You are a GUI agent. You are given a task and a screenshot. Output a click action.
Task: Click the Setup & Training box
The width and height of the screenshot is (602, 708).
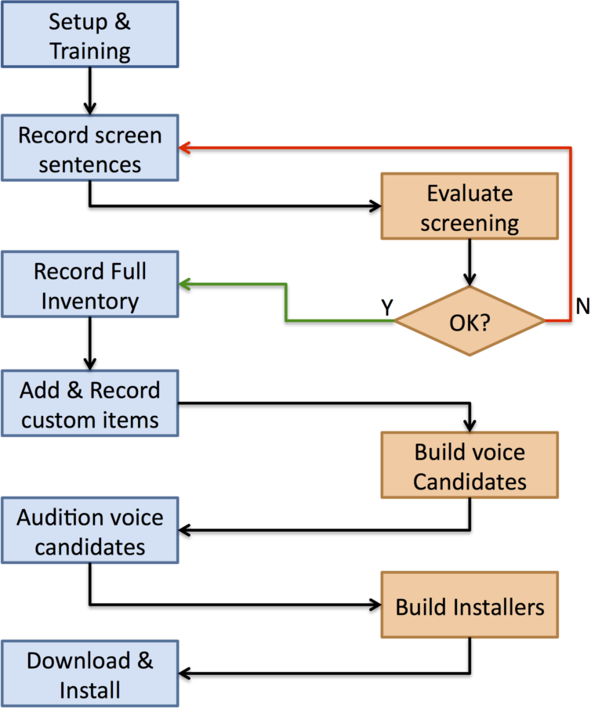[x=90, y=35]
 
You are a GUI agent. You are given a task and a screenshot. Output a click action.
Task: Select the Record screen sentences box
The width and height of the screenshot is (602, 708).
[x=90, y=150]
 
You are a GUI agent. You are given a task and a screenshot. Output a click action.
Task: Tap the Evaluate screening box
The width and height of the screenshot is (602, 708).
[x=469, y=207]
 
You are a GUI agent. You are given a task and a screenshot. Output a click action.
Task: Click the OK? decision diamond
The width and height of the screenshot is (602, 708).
[x=469, y=321]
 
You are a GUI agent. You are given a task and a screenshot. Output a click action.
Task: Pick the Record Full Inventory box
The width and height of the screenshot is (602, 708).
[x=90, y=286]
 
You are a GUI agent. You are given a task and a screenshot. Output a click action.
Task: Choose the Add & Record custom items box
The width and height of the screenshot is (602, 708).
[x=90, y=404]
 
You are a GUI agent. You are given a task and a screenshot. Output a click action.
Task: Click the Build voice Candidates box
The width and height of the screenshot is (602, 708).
[x=469, y=465]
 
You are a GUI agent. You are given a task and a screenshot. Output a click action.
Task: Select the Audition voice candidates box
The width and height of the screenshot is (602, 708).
[x=90, y=531]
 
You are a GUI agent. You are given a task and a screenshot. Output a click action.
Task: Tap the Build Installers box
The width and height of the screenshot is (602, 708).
[x=469, y=605]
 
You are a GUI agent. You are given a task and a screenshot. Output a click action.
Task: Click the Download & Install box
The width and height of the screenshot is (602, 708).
[x=90, y=674]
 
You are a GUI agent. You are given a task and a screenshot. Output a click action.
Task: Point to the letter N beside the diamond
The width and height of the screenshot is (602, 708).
[x=582, y=307]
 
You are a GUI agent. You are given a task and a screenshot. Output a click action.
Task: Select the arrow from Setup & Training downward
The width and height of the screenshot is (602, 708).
[x=90, y=90]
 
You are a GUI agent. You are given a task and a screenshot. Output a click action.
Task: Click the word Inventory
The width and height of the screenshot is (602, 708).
[x=90, y=300]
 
